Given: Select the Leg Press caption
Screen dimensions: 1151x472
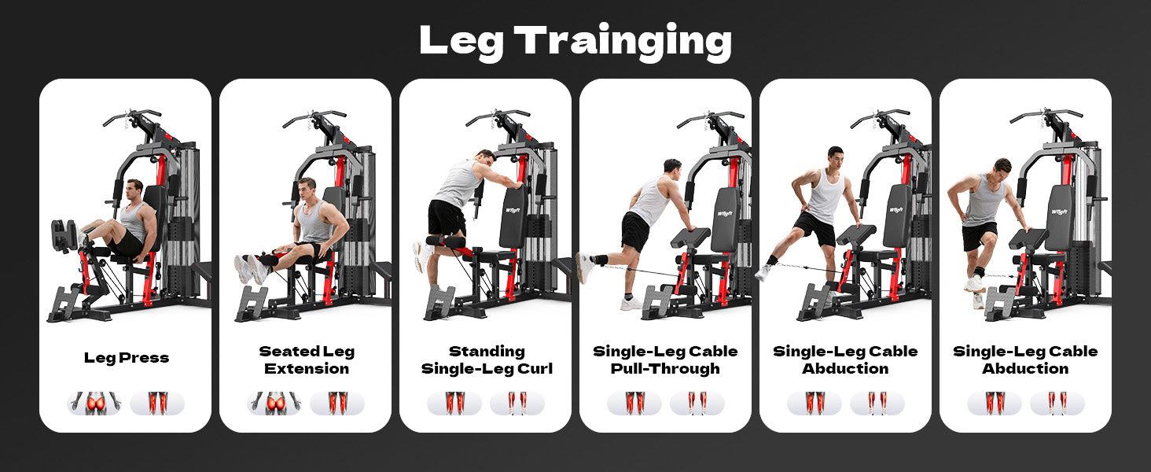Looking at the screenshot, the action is click(127, 358).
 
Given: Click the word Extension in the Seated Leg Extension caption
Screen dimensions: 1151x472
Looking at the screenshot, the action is click(307, 369).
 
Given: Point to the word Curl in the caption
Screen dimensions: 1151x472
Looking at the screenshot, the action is click(535, 369).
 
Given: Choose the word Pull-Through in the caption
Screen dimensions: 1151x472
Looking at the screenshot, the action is click(665, 369).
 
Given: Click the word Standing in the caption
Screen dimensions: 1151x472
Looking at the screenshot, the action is click(487, 352).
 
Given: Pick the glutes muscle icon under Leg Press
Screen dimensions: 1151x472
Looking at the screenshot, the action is click(94, 404).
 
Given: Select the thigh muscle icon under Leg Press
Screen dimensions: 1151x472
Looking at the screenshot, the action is click(157, 404).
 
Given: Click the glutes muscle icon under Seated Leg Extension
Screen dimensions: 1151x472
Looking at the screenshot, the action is click(274, 404).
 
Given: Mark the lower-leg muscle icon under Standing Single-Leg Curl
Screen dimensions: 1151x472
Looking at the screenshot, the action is click(517, 404).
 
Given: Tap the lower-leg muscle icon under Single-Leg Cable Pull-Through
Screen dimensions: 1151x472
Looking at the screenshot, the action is click(697, 404).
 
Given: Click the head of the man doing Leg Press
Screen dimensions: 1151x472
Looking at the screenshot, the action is click(134, 190).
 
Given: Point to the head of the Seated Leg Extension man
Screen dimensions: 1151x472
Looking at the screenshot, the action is click(307, 190).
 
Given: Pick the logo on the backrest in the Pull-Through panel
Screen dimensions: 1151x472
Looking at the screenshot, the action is click(725, 212).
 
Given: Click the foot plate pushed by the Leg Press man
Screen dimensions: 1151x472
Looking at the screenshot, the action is click(64, 236).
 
